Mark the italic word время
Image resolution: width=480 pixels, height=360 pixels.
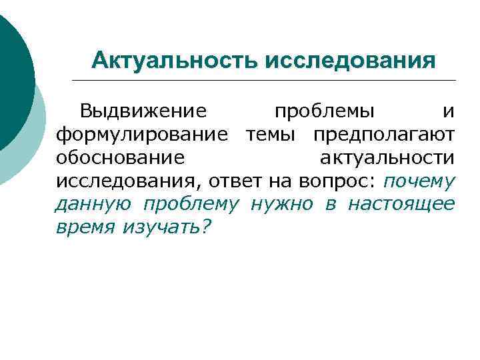click(85, 227)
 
